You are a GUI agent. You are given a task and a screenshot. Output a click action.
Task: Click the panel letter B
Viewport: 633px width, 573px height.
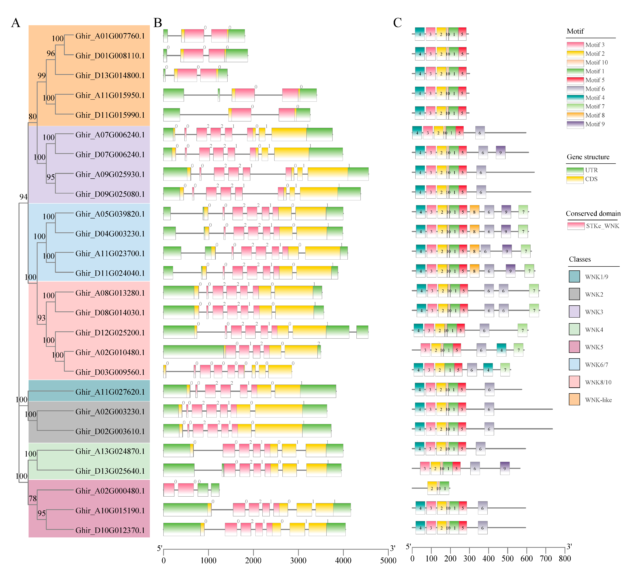[158, 23]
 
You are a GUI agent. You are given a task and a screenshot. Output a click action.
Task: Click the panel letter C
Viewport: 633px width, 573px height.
[398, 23]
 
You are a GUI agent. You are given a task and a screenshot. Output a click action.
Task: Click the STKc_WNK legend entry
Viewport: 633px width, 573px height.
[602, 226]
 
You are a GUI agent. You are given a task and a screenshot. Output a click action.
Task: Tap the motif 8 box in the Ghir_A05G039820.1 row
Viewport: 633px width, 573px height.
[474, 212]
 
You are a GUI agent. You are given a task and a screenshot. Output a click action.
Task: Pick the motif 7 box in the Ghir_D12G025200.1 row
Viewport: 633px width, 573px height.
[523, 330]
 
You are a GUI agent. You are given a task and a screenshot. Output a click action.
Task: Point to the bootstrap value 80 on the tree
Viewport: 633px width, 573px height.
[33, 117]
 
